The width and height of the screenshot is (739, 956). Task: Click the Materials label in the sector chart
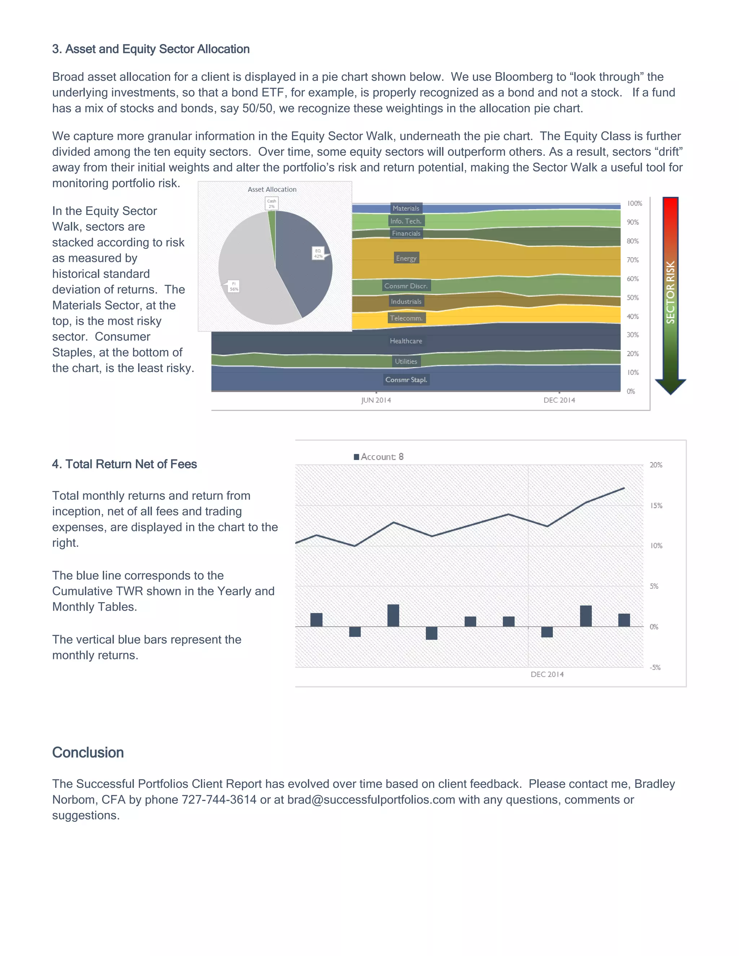pos(406,209)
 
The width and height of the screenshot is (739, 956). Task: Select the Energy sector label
pos(406,258)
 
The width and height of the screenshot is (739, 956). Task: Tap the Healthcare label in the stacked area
pos(406,341)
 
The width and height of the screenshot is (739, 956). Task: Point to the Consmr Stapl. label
pos(406,380)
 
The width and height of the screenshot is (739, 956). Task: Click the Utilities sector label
pos(406,361)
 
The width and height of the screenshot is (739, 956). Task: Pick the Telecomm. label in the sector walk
pos(406,318)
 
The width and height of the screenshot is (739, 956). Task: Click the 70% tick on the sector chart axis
pos(633,260)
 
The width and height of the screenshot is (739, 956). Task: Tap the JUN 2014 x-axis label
pos(376,400)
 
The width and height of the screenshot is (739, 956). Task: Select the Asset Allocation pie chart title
pos(272,189)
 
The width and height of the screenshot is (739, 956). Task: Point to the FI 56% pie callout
pos(234,286)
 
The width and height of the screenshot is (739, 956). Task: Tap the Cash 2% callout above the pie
pos(272,203)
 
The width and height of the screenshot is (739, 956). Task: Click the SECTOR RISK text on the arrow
pos(670,293)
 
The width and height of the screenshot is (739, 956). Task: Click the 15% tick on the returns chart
pos(656,505)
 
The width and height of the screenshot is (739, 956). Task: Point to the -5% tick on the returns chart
pos(655,667)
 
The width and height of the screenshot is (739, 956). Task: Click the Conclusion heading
pos(88,753)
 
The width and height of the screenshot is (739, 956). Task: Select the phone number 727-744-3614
pos(219,800)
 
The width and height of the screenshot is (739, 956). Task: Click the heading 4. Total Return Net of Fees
pos(124,464)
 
